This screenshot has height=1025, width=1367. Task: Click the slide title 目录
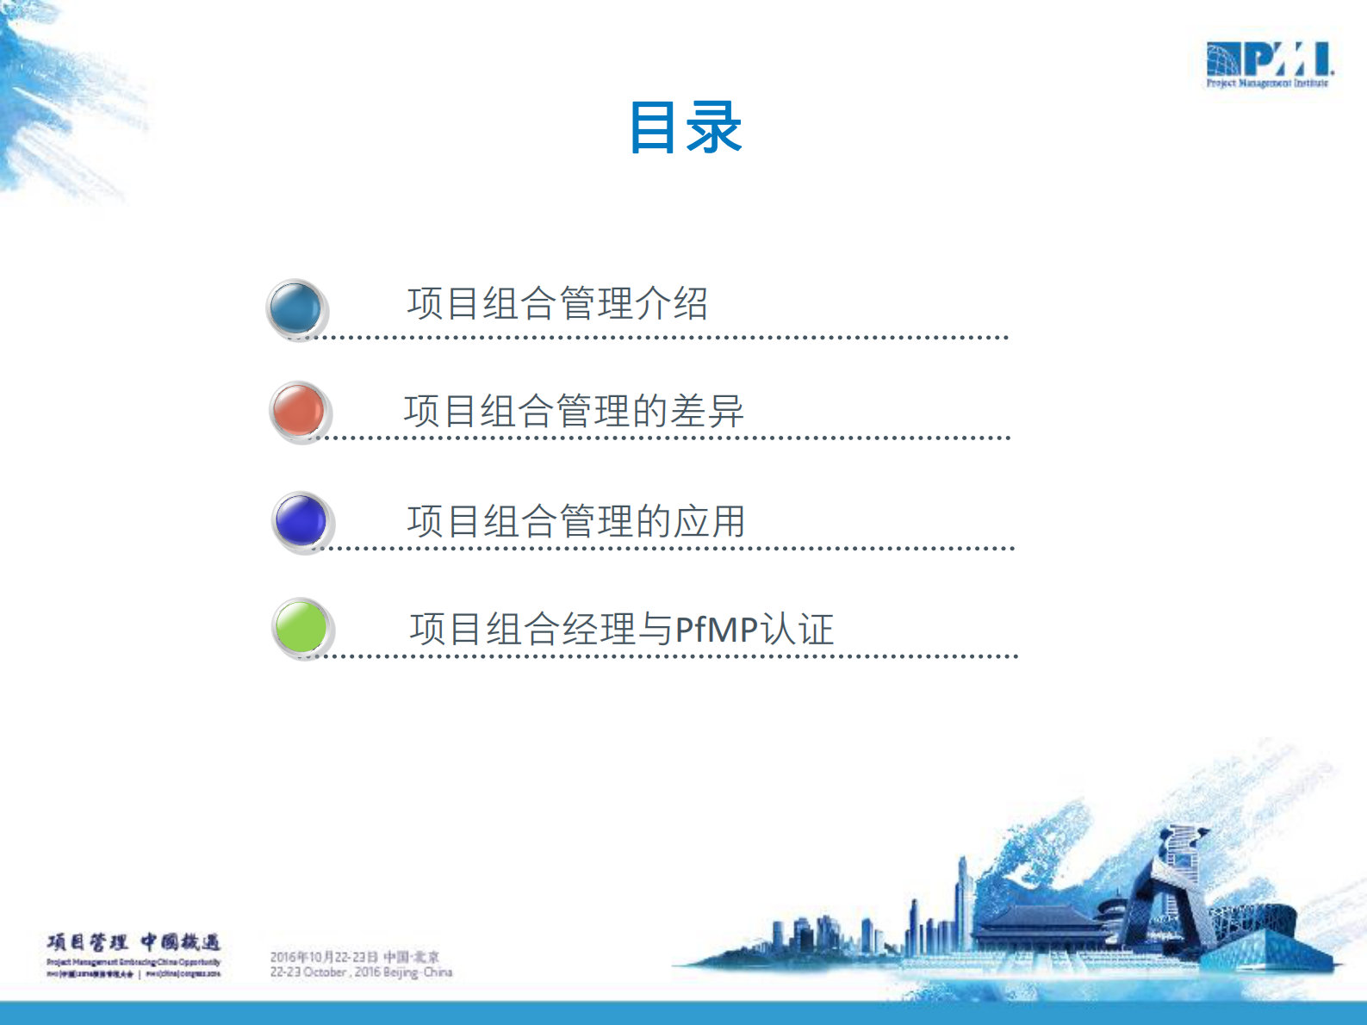[685, 127]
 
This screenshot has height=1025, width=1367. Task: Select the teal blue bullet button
[295, 307]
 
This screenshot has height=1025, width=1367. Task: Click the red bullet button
[298, 410]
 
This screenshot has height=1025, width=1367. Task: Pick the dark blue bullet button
[301, 520]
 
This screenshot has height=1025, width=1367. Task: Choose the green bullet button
[301, 626]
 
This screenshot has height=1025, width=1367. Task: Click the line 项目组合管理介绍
[556, 303]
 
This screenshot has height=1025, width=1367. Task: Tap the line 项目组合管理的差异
[574, 411]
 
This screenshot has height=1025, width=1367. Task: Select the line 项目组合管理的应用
[575, 521]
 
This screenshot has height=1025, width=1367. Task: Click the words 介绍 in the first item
[671, 303]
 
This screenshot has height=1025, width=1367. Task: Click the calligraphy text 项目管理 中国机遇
[134, 942]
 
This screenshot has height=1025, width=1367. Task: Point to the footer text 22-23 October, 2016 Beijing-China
[361, 972]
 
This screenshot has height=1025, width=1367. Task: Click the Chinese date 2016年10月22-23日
[324, 957]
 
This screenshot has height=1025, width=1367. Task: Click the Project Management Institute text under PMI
[1267, 84]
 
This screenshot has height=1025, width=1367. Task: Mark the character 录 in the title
[714, 127]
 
